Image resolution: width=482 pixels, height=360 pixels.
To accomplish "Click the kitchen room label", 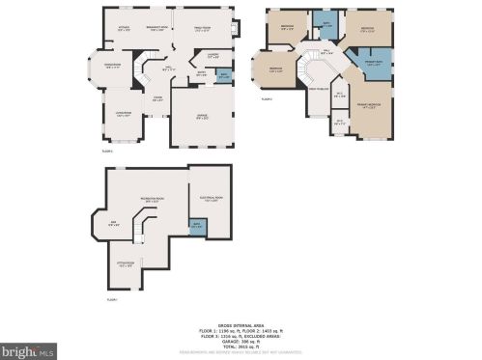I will coord(124,28).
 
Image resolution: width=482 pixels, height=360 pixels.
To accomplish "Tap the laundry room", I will coord(213,55).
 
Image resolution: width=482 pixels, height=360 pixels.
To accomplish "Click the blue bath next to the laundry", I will coord(225,75).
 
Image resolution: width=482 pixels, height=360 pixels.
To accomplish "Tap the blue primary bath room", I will coord(376,65).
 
